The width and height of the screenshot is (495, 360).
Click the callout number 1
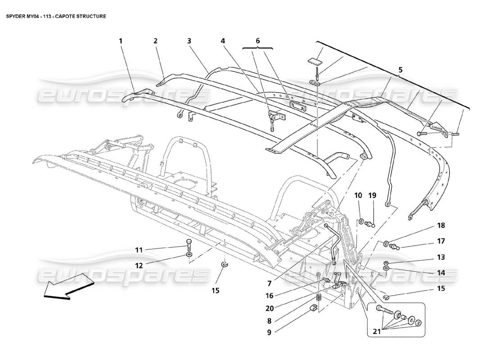[x=121, y=41]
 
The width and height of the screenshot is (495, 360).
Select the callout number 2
[x=155, y=41]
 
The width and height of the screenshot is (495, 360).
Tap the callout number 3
[x=189, y=41]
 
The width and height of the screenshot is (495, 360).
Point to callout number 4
[x=223, y=41]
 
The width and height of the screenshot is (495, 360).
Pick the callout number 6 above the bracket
[x=258, y=41]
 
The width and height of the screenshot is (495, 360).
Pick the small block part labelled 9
[x=315, y=308]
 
